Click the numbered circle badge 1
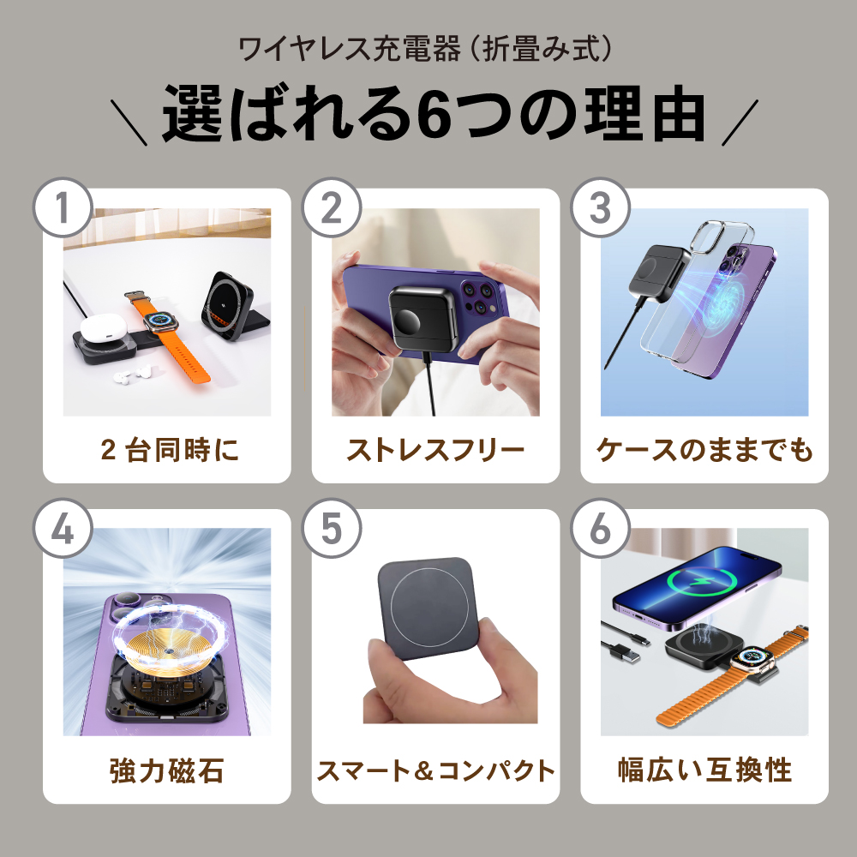point(63,207)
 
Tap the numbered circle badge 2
point(331,207)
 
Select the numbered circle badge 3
point(600,207)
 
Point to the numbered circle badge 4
point(63,528)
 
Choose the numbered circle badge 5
point(331,528)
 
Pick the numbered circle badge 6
point(600,528)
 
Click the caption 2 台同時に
point(170,450)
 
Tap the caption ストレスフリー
point(435,450)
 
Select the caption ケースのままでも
point(704,450)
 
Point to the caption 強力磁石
point(167,770)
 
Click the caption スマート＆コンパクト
point(435,770)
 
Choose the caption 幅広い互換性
point(704,770)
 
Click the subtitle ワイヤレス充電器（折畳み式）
point(426,49)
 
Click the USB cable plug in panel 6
point(624,653)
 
